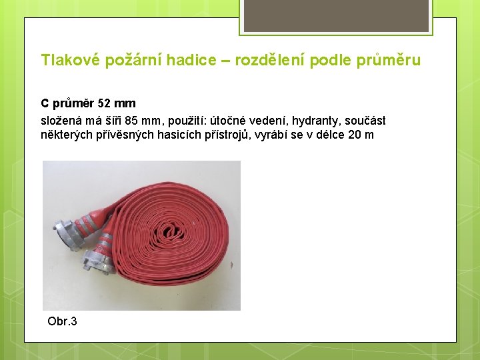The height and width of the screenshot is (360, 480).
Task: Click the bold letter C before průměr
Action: tap(45, 103)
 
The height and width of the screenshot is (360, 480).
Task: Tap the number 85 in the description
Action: tap(131, 121)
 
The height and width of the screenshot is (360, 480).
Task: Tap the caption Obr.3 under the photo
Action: tap(62, 321)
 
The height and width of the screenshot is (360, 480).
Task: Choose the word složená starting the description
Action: tap(61, 121)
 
